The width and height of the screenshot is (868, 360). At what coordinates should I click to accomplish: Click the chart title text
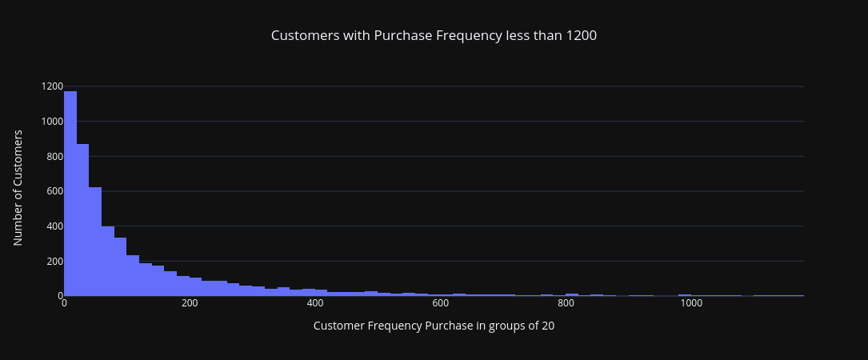click(x=434, y=36)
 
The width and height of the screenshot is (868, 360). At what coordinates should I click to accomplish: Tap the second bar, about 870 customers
click(x=82, y=220)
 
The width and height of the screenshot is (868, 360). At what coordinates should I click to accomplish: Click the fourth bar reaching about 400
click(x=108, y=261)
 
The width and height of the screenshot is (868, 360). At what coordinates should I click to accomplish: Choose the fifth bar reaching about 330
click(x=120, y=267)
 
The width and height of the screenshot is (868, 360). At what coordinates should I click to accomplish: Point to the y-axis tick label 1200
click(x=52, y=86)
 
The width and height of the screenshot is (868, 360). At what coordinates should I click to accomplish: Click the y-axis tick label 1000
click(x=52, y=122)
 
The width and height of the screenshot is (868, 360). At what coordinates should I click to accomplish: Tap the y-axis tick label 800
click(x=54, y=156)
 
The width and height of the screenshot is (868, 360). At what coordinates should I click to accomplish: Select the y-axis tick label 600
click(x=54, y=191)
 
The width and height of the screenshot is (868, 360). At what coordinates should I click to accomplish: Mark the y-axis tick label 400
click(x=54, y=226)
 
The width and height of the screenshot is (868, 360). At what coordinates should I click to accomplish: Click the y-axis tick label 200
click(x=54, y=261)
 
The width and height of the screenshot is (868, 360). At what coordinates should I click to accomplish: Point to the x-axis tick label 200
click(x=190, y=303)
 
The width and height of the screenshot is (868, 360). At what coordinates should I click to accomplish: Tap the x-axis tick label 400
click(x=315, y=303)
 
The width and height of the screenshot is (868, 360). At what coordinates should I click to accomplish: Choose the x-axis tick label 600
click(x=440, y=303)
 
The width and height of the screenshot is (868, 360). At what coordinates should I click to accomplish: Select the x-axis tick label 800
click(x=566, y=303)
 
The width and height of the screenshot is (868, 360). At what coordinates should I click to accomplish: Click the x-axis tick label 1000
click(x=691, y=303)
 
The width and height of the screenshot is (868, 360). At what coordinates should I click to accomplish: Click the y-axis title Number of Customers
click(x=18, y=187)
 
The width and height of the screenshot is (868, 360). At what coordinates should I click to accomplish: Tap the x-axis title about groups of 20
click(x=434, y=326)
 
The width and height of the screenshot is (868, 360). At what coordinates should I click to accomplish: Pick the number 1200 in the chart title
click(x=581, y=36)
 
